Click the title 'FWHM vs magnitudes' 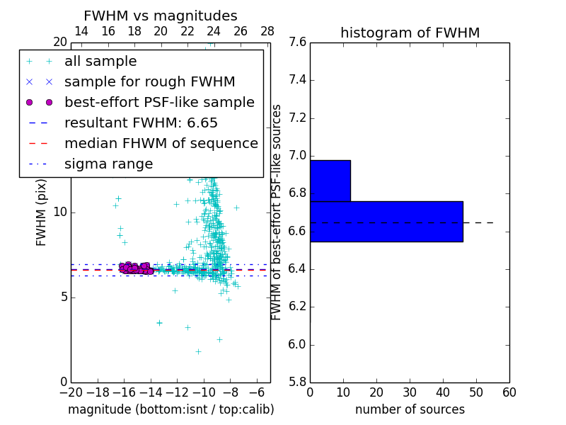pyautogui.click(x=161, y=16)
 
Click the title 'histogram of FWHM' pyautogui.click(x=410, y=33)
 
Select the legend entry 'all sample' pyautogui.click(x=100, y=62)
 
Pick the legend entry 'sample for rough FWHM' pyautogui.click(x=150, y=82)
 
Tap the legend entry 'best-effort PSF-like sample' pyautogui.click(x=159, y=103)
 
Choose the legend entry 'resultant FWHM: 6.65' pyautogui.click(x=141, y=123)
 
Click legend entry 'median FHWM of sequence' pyautogui.click(x=161, y=144)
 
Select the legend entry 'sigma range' pyautogui.click(x=108, y=164)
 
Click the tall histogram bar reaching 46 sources pyautogui.click(x=386, y=221)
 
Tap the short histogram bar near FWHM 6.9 pyautogui.click(x=330, y=181)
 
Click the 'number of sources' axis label pyautogui.click(x=410, y=409)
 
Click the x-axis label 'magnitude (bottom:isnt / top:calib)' pyautogui.click(x=171, y=409)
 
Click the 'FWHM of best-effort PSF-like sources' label pyautogui.click(x=277, y=212)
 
